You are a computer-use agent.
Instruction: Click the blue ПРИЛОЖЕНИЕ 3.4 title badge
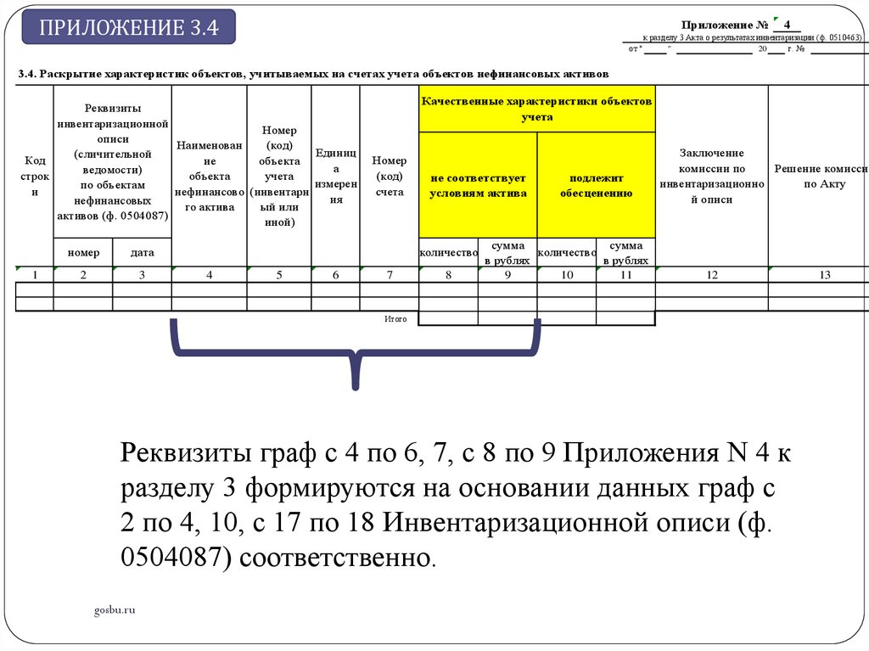128,27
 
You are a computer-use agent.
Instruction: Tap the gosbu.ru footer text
115,609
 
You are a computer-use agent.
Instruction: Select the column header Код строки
35,176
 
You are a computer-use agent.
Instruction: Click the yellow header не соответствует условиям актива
478,185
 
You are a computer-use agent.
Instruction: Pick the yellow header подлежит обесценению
597,185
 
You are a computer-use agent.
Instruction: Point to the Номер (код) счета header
389,176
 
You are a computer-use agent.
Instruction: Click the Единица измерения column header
335,176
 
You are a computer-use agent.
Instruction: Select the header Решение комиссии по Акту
819,177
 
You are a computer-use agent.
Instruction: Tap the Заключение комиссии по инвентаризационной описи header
711,176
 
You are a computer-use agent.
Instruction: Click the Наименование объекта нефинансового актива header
209,176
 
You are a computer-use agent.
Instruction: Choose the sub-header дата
142,253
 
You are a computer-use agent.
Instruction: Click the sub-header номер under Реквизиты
83,253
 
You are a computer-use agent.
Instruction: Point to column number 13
819,274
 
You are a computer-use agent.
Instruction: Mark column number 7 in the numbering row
389,274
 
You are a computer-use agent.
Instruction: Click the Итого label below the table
395,319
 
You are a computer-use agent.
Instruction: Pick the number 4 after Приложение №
788,25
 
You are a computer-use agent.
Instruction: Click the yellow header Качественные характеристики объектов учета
536,108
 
